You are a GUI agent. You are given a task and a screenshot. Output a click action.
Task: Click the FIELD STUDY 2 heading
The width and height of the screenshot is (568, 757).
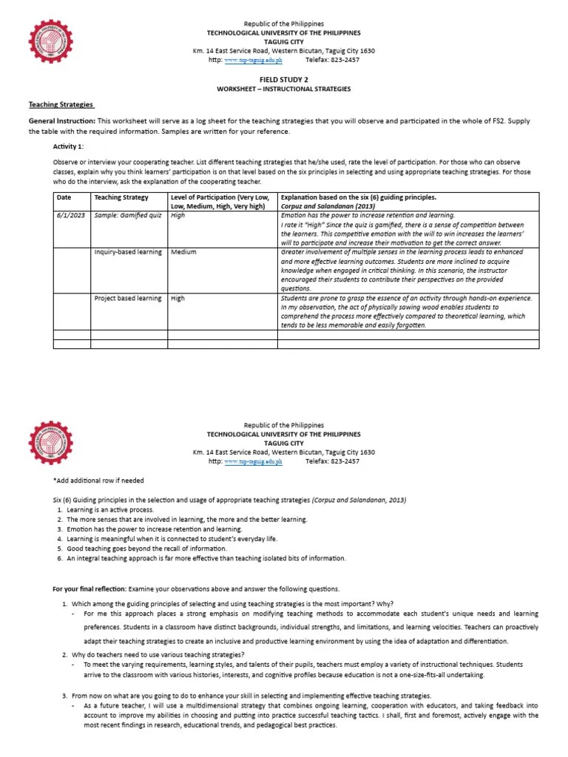pos(283,78)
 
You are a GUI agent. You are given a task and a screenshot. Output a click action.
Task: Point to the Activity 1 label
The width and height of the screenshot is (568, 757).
pos(68,146)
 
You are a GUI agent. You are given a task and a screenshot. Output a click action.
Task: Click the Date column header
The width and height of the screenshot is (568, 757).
pos(64,197)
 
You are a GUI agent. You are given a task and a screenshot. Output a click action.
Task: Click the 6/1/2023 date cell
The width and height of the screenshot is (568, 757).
pos(70,215)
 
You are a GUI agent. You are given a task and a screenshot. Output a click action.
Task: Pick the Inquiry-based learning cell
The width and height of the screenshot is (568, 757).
pos(127,252)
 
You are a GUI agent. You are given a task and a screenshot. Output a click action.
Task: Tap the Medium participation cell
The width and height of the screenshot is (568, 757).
pos(183,252)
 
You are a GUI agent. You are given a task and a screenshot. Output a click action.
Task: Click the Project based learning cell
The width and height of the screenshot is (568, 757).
pos(127,298)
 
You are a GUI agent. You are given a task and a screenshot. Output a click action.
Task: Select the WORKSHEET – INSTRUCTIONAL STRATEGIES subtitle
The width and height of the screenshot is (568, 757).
pos(283,89)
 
